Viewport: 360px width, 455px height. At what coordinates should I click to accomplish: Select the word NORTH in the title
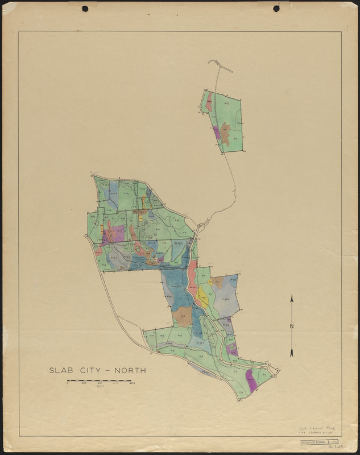pyautogui.click(x=131, y=370)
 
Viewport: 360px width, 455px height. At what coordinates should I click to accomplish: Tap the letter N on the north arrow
pyautogui.click(x=292, y=326)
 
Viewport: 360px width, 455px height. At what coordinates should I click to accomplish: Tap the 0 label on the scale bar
pyautogui.click(x=68, y=383)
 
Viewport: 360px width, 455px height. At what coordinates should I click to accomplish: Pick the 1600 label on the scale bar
pyautogui.click(x=131, y=383)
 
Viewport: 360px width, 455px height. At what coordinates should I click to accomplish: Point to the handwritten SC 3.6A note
pyautogui.click(x=329, y=449)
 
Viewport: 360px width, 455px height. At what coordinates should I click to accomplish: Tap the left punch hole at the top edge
pyautogui.click(x=85, y=9)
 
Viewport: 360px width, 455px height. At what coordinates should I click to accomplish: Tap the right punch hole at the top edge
pyautogui.click(x=276, y=9)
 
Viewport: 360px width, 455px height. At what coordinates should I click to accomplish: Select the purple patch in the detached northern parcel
pyautogui.click(x=216, y=132)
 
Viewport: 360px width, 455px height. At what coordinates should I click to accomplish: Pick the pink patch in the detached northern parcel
pyautogui.click(x=209, y=102)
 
